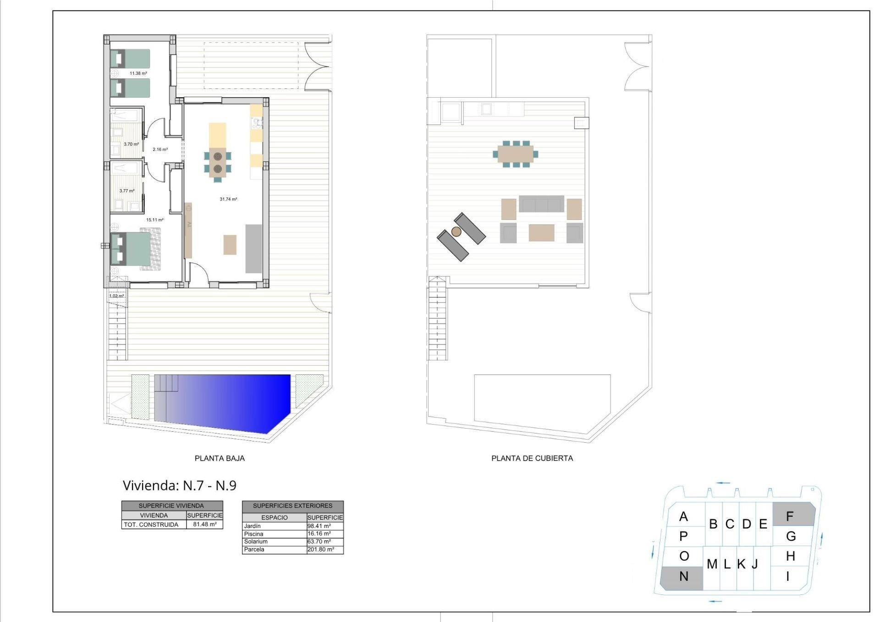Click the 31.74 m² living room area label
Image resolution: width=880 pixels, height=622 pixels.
pyautogui.click(x=228, y=199)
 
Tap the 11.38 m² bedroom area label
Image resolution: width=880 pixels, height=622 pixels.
pyautogui.click(x=138, y=73)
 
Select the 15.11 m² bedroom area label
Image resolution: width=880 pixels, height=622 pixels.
pyautogui.click(x=154, y=220)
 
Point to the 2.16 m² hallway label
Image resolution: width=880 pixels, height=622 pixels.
pyautogui.click(x=160, y=149)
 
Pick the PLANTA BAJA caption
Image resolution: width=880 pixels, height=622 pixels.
pyautogui.click(x=220, y=458)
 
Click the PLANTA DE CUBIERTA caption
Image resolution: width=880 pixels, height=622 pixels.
pyautogui.click(x=532, y=458)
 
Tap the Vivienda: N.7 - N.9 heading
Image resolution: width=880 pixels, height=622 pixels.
pyautogui.click(x=179, y=485)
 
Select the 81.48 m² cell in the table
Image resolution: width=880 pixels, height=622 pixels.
pyautogui.click(x=204, y=524)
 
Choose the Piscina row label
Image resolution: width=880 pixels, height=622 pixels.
pyautogui.click(x=253, y=534)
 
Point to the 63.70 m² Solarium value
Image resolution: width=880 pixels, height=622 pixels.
pyautogui.click(x=319, y=541)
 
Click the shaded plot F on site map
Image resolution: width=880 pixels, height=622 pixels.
pyautogui.click(x=793, y=515)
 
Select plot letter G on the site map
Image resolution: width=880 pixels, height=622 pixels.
pyautogui.click(x=791, y=536)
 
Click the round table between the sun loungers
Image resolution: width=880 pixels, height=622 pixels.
pyautogui.click(x=456, y=232)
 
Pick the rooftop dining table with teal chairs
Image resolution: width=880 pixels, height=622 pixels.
pyautogui.click(x=515, y=154)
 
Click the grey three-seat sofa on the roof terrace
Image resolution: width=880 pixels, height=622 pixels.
pyautogui.click(x=541, y=204)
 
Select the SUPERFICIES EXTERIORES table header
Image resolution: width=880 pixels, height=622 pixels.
pyautogui.click(x=292, y=506)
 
